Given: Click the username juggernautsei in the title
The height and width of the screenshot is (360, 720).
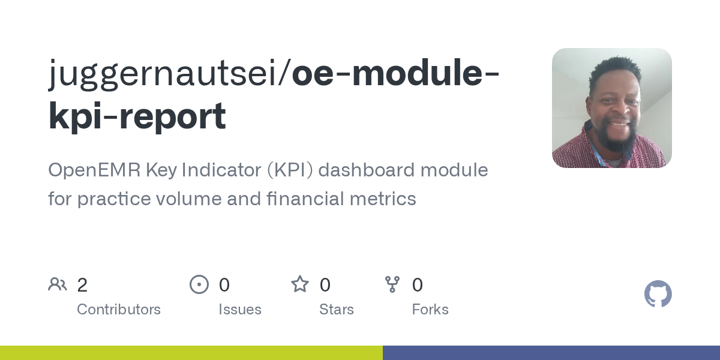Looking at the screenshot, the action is click(x=163, y=74).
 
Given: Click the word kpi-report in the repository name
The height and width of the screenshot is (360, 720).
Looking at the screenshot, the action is click(x=137, y=115).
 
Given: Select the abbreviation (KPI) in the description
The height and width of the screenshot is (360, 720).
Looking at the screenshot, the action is click(x=290, y=170).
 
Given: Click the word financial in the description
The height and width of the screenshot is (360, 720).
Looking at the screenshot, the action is click(x=305, y=198).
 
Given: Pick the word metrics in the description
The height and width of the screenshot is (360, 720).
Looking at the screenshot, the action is click(x=383, y=199).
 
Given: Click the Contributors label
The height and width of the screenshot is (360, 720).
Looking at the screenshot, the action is click(x=119, y=310).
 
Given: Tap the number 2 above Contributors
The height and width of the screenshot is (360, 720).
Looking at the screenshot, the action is click(x=82, y=285).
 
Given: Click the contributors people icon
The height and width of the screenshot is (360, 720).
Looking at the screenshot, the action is click(x=58, y=284).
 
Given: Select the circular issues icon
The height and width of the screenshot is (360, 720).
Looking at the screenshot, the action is click(x=199, y=284).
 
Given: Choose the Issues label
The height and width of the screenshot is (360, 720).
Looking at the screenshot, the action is click(x=240, y=310).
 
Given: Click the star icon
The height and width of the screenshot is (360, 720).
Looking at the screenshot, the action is click(x=300, y=284).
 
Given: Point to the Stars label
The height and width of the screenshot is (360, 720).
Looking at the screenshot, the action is click(x=337, y=310).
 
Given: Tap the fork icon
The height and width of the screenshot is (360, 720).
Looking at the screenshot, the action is click(x=392, y=284).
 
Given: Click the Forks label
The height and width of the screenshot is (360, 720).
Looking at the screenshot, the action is click(x=430, y=310).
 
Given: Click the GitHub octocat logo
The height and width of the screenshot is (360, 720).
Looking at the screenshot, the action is click(x=658, y=294).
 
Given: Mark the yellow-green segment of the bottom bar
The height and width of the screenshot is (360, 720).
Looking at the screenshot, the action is click(x=191, y=353).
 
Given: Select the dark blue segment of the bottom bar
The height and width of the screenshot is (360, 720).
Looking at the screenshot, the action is click(x=551, y=353).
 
